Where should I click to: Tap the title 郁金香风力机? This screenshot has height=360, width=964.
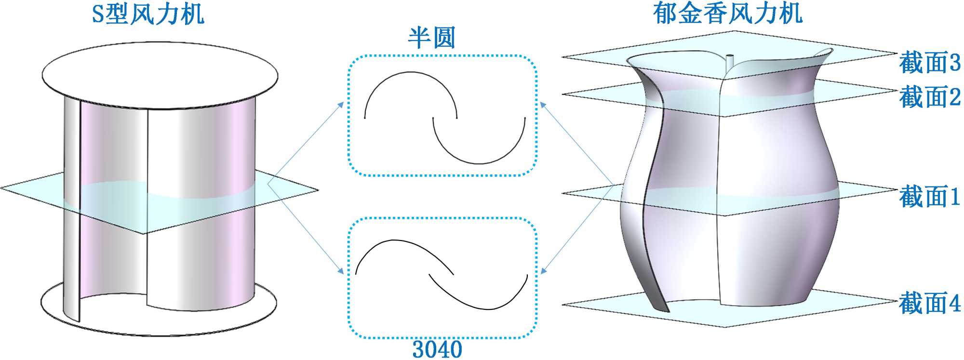coord(727,13)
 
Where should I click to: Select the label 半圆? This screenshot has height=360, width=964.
coord(431,38)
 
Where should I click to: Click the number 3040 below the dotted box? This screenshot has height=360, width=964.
coord(437,349)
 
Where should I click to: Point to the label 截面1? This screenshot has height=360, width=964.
coord(929,197)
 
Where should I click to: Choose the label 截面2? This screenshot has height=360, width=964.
coord(929,97)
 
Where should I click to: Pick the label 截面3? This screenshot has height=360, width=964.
coord(929,63)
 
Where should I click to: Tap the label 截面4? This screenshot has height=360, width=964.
coord(929,303)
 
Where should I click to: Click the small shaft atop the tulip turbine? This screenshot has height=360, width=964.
coord(729,62)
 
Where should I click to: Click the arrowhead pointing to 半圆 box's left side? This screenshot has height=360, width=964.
coord(341,105)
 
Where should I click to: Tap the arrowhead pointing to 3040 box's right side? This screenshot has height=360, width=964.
coord(543,271)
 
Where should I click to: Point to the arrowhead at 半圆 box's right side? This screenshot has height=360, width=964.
coord(543,105)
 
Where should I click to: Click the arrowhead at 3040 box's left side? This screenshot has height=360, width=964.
coord(341,271)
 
